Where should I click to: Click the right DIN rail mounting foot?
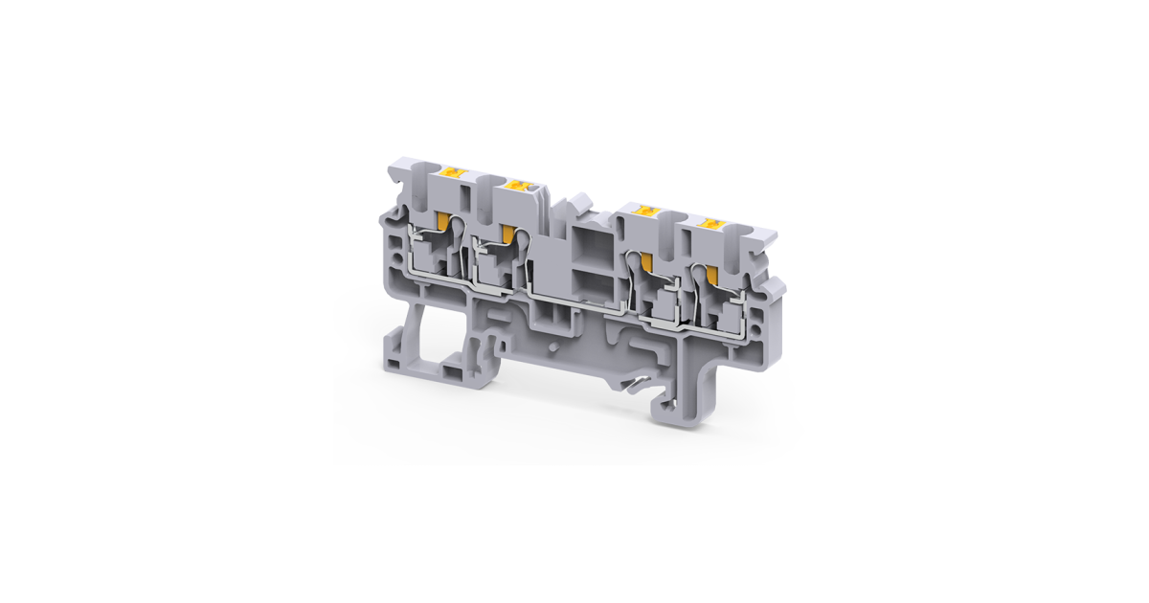coord(682,402)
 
